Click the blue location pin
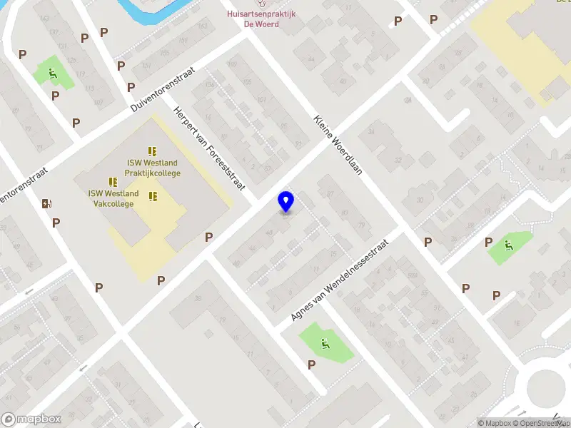pyautogui.click(x=286, y=202)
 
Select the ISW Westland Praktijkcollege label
pyautogui.click(x=152, y=168)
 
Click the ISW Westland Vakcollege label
pyautogui.click(x=113, y=198)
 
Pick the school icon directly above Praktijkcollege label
pyautogui.click(x=152, y=151)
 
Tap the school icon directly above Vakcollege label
pyautogui.click(x=113, y=183)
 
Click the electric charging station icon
pyautogui.click(x=47, y=203)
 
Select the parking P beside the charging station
pyautogui.click(x=56, y=223)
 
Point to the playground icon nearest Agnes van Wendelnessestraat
pyautogui.click(x=325, y=344)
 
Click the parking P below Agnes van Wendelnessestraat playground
pyautogui.click(x=311, y=365)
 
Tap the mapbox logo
pyautogui.click(x=31, y=419)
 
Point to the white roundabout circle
pyautogui.click(x=549, y=389)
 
